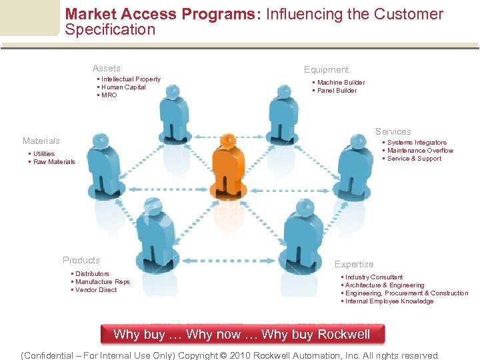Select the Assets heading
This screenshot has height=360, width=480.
(x=107, y=68)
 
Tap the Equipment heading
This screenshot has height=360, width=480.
(x=326, y=69)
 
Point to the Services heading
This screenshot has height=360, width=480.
(x=393, y=131)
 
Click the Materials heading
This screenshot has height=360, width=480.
(x=41, y=141)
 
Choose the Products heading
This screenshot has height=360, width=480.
(x=81, y=260)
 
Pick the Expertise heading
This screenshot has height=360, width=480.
(x=354, y=264)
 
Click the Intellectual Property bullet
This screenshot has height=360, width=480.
(x=131, y=79)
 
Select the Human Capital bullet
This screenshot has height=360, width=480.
(x=123, y=87)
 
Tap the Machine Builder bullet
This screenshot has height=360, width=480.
(x=341, y=83)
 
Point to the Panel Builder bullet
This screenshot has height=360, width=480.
(x=337, y=91)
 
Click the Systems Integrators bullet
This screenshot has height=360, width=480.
(x=417, y=143)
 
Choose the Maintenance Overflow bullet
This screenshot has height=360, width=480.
(x=420, y=151)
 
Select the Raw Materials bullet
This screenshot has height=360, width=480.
(x=54, y=162)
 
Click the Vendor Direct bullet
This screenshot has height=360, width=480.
(x=96, y=290)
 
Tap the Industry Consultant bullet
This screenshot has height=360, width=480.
(x=373, y=277)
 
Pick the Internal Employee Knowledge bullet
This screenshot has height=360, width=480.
(x=389, y=301)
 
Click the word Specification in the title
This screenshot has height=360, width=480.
(x=110, y=29)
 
